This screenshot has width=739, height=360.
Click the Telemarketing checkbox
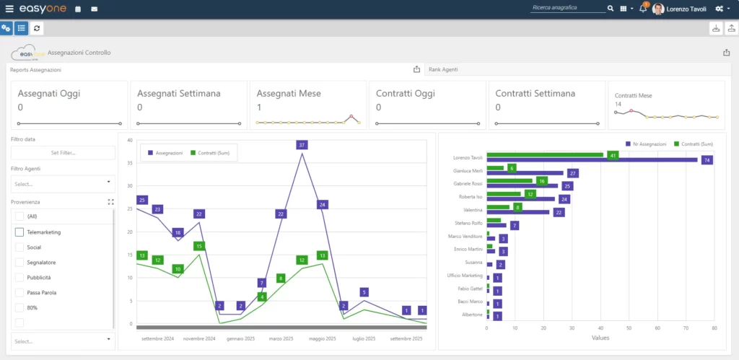click(x=19, y=232)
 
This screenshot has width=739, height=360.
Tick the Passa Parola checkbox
click(x=19, y=293)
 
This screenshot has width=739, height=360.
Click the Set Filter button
click(x=63, y=153)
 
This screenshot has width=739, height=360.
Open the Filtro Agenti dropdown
click(x=63, y=184)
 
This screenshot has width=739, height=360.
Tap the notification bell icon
click(x=642, y=9)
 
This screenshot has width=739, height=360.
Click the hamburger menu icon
click(x=9, y=9)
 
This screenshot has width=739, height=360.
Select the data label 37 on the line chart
click(x=302, y=145)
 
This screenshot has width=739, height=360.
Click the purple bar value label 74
click(x=707, y=160)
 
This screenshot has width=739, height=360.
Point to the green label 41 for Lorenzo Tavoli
click(x=613, y=154)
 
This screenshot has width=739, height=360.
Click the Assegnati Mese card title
click(x=289, y=94)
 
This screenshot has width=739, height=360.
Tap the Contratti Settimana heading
click(x=535, y=94)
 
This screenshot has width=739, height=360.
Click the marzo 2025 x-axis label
click(x=281, y=338)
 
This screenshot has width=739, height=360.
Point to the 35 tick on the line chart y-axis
click(x=130, y=163)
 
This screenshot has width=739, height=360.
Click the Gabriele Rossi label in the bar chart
click(x=468, y=184)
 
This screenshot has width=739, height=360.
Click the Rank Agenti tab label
click(x=443, y=69)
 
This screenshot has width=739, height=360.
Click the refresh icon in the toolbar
click(x=37, y=28)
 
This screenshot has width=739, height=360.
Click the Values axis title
click(x=600, y=338)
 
